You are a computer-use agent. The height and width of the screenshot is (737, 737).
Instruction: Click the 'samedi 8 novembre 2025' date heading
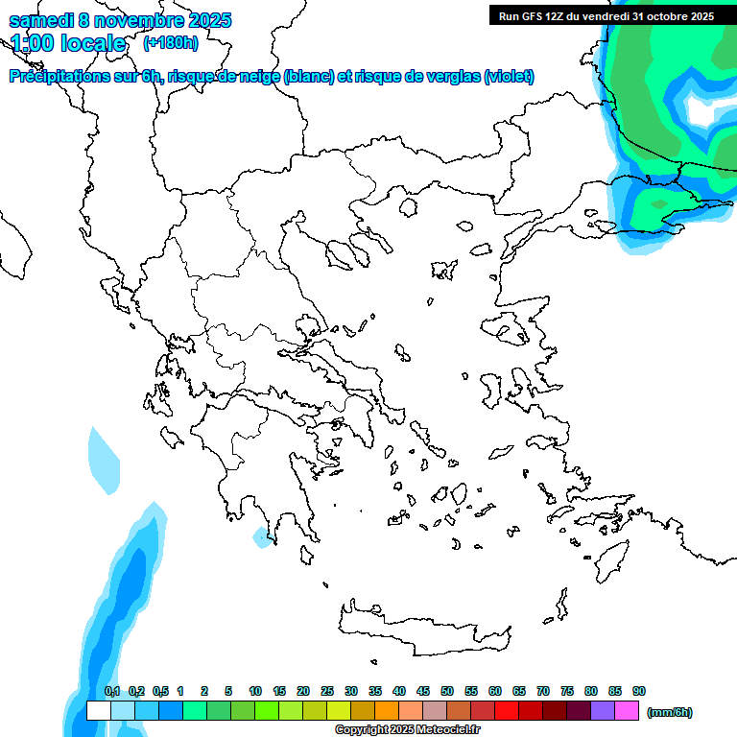[120, 20]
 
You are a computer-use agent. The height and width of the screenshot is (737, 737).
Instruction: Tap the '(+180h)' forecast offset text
[171, 42]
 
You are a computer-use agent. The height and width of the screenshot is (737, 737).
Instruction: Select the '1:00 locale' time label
[68, 43]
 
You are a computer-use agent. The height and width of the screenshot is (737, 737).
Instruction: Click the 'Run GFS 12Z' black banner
[606, 15]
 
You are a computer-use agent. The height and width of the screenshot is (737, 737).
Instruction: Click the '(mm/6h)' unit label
[670, 712]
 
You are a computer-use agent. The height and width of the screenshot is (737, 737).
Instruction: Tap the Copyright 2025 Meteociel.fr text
[407, 730]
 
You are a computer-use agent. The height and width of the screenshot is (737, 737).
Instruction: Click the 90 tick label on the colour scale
[639, 691]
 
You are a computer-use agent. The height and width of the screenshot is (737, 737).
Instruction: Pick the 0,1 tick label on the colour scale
[111, 691]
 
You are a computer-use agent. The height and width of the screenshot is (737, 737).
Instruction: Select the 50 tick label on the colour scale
[447, 691]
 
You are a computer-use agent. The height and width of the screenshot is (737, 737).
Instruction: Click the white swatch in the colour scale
[98, 711]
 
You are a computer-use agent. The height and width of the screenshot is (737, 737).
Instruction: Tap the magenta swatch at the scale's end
[627, 711]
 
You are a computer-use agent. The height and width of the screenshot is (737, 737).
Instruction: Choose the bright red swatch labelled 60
[507, 711]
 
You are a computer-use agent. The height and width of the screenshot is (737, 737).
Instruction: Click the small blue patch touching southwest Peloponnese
[261, 538]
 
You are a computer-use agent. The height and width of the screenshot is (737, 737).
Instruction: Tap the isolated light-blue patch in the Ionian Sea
[104, 460]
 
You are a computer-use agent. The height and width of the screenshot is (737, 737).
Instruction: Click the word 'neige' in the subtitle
[259, 77]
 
